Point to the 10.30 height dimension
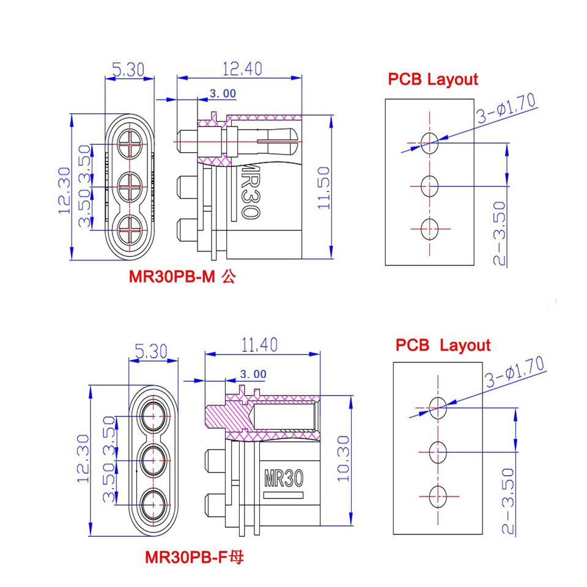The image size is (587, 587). coord(342,458)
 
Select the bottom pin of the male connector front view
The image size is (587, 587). coord(130,229)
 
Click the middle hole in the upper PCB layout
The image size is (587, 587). coord(430,185)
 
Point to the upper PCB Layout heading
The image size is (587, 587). coord(432,79)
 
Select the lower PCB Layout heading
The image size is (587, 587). coord(443,345)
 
